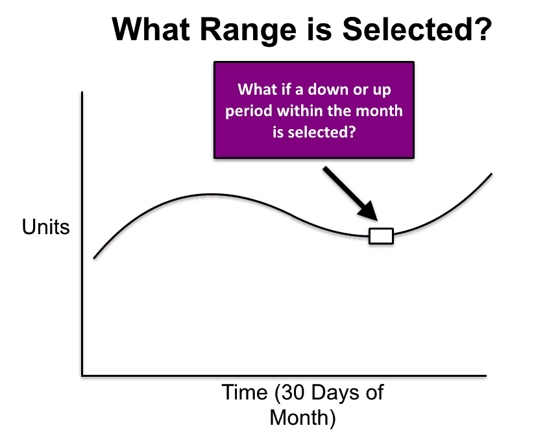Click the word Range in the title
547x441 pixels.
click(249, 30)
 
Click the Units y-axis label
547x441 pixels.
click(45, 227)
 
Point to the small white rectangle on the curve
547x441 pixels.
click(382, 236)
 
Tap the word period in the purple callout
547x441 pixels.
click(249, 112)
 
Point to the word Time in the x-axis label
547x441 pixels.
click(245, 392)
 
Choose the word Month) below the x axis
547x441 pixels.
click(302, 418)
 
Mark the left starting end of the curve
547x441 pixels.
click(94, 258)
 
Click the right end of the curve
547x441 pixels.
click(492, 173)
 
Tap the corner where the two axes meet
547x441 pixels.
click(82, 375)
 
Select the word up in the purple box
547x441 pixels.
click(382, 91)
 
